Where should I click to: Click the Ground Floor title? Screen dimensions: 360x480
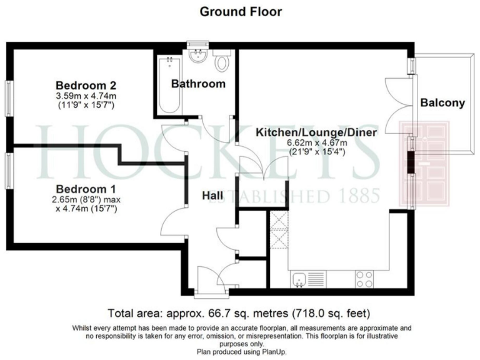click(240, 11)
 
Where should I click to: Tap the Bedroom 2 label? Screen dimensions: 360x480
click(86, 86)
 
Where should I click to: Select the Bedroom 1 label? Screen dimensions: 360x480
click(86, 189)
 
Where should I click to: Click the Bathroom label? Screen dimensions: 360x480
click(198, 84)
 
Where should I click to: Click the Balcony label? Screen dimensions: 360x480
click(442, 103)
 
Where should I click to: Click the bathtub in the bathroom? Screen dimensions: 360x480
click(168, 84)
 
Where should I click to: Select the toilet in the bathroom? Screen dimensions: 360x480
click(222, 63)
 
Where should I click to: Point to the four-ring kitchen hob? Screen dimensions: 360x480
click(364, 279)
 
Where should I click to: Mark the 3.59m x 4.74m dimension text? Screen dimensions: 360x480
click(86, 96)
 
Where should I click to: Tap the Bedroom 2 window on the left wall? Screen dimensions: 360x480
click(10, 97)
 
